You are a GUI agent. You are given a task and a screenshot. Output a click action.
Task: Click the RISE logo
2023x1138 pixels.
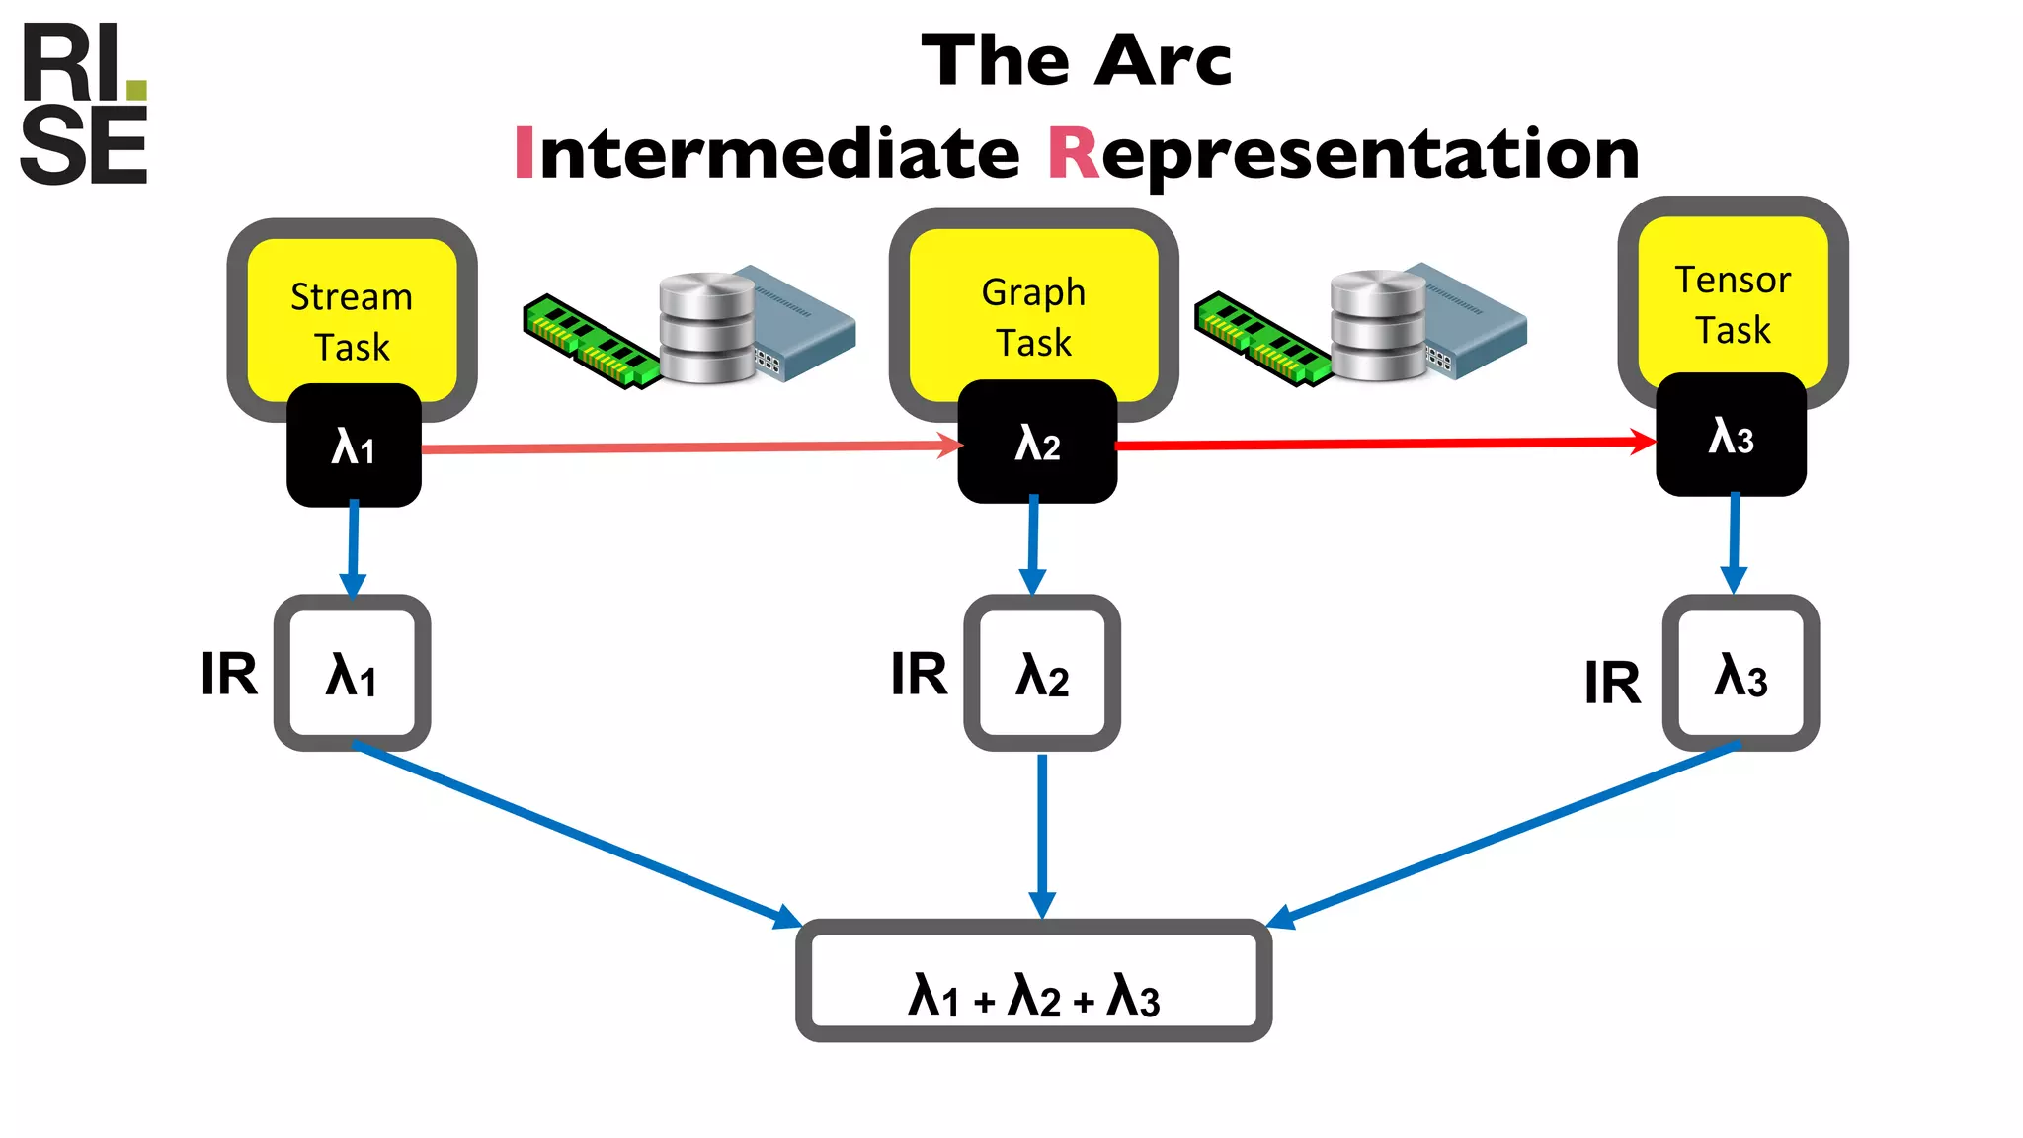(84, 105)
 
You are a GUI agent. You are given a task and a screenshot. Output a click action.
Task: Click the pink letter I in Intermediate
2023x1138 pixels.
(524, 154)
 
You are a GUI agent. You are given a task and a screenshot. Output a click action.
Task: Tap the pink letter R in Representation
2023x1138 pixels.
(1073, 154)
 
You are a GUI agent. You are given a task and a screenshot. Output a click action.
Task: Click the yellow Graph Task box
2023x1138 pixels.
(1033, 311)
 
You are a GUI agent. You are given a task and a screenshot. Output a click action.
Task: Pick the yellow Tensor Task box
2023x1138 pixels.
(1733, 301)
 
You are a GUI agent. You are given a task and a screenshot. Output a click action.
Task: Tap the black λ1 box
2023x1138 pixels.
(354, 447)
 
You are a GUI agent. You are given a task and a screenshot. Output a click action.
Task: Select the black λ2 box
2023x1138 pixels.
(1037, 443)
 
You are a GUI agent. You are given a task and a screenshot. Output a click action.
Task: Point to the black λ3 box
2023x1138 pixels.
(1731, 436)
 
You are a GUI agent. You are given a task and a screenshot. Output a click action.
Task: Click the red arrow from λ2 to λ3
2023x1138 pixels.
(1383, 444)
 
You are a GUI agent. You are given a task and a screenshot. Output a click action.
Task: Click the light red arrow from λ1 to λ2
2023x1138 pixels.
(691, 447)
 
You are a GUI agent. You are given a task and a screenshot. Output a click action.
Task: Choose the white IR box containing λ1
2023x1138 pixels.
(352, 674)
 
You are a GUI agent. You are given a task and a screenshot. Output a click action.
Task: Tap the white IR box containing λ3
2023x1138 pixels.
(1740, 674)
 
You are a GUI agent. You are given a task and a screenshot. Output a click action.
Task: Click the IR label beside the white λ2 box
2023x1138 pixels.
(919, 675)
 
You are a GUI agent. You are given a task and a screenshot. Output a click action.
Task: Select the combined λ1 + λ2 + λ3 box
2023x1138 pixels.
(1033, 981)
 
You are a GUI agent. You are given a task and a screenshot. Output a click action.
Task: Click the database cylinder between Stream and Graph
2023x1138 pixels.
(706, 328)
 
